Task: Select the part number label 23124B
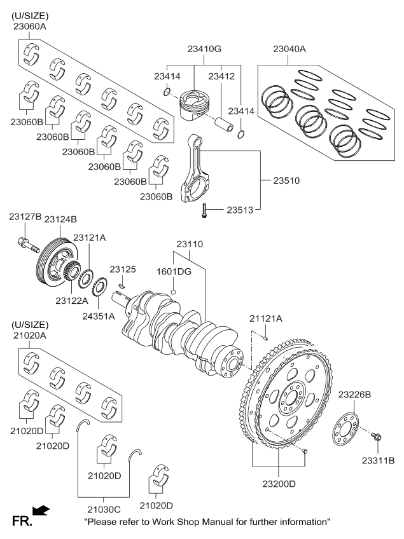[60, 219]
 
